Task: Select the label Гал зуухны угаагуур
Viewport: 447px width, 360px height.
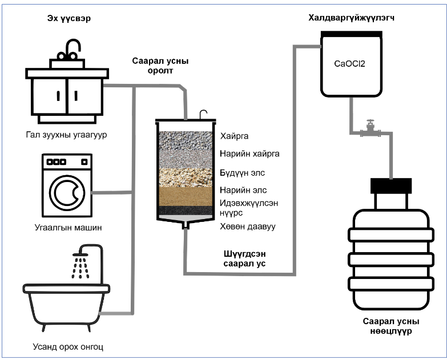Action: tap(67, 135)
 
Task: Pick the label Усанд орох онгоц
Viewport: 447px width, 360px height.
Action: tap(68, 346)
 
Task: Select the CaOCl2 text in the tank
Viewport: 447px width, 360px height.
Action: tap(349, 64)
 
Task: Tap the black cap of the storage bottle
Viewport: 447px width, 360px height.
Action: tap(391, 185)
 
